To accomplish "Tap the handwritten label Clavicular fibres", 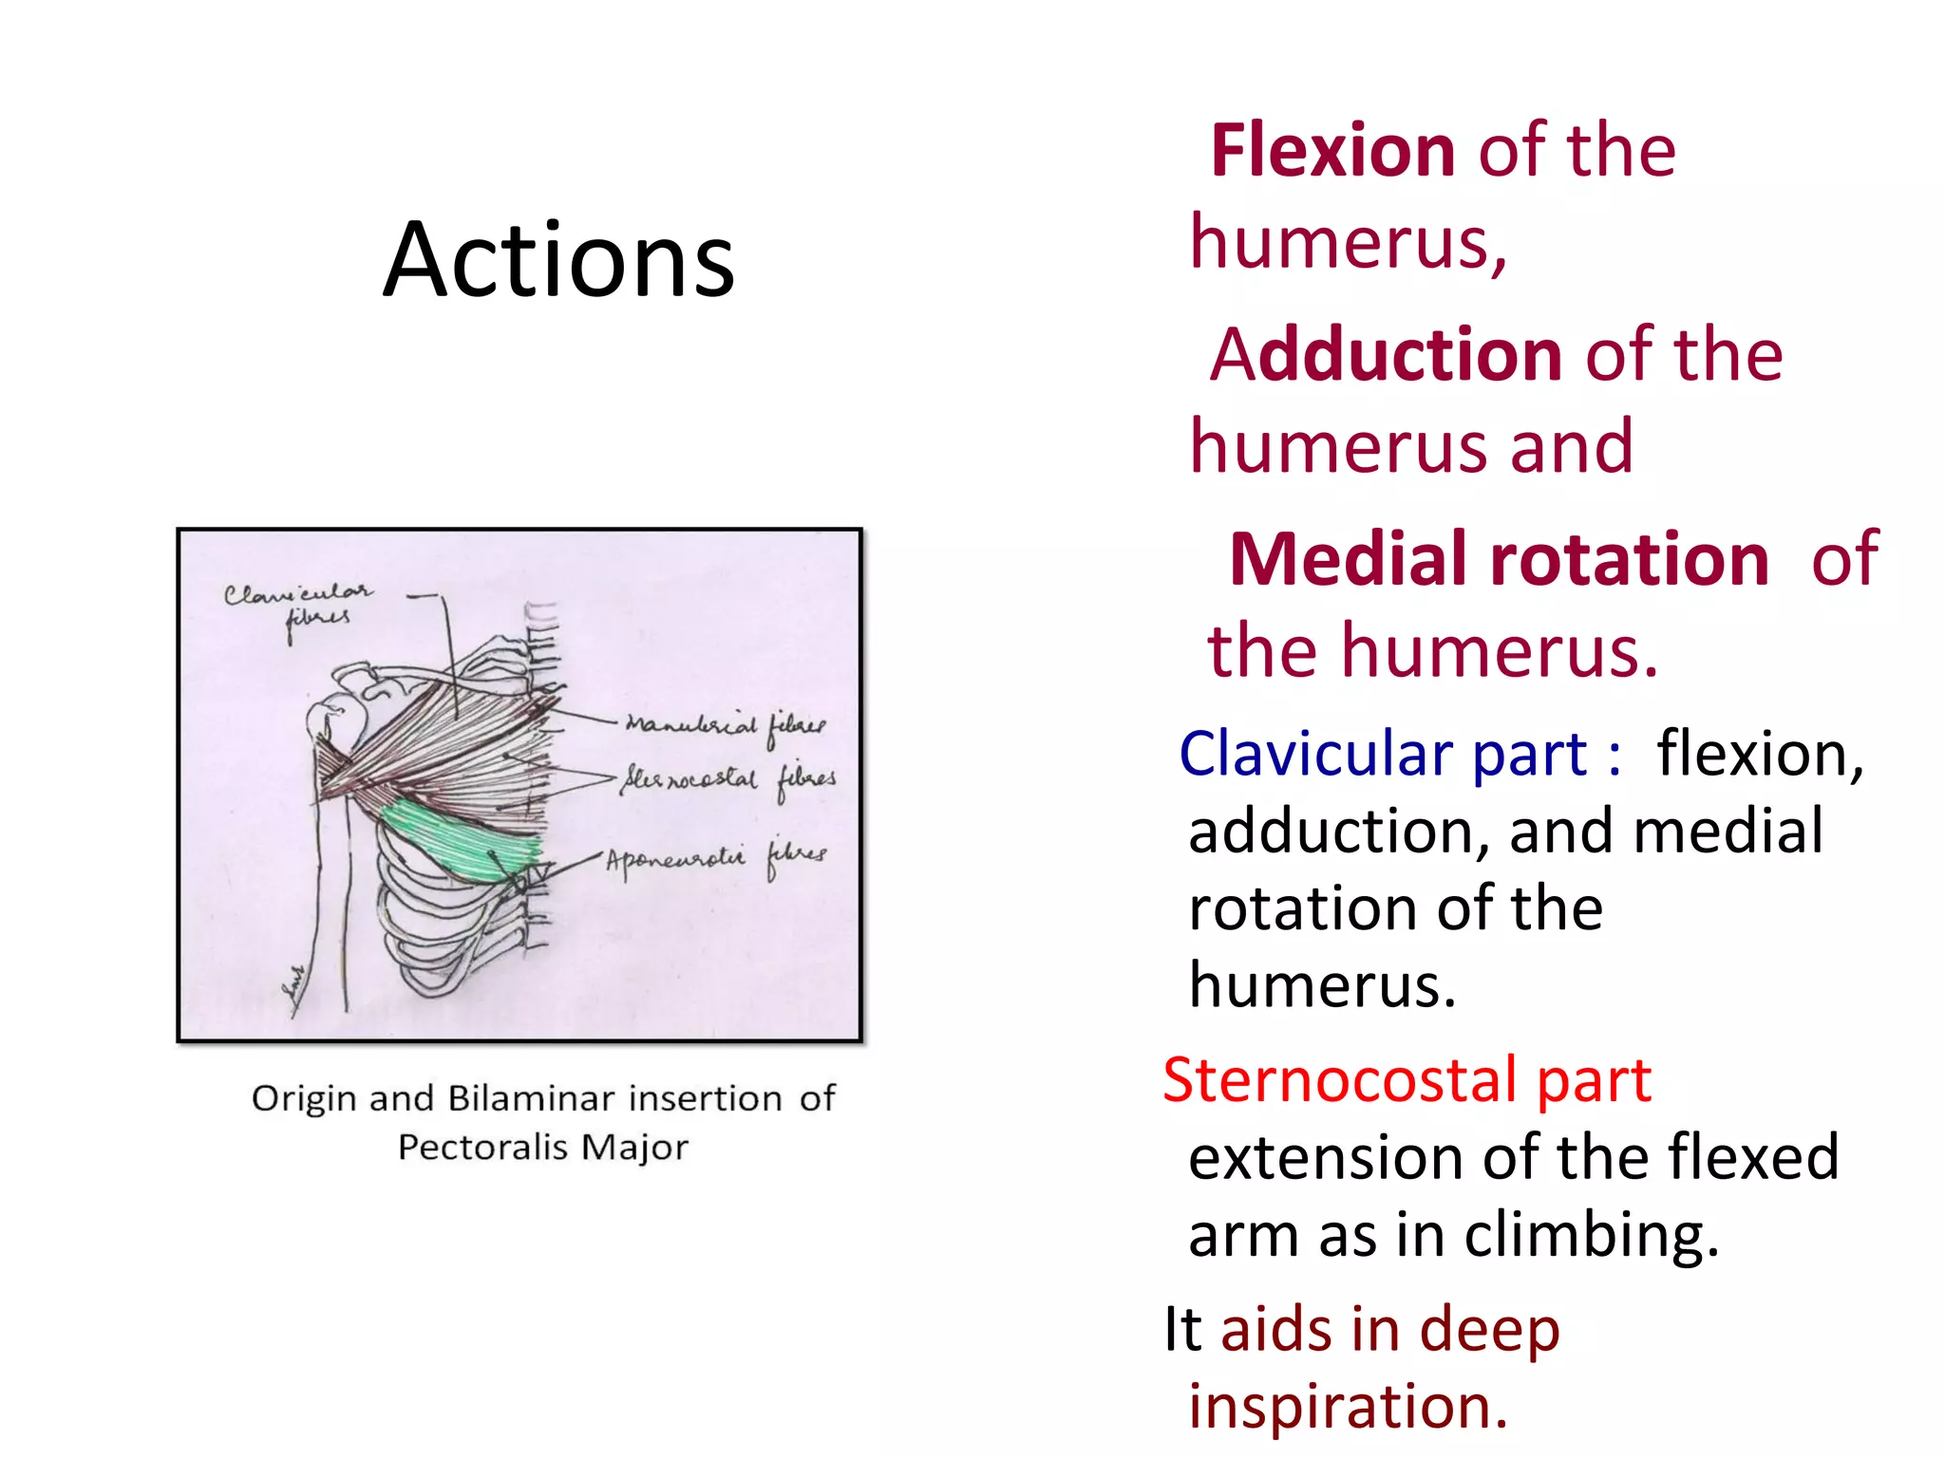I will [299, 604].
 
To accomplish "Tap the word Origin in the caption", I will [305, 1098].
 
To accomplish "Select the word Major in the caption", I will [634, 1147].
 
